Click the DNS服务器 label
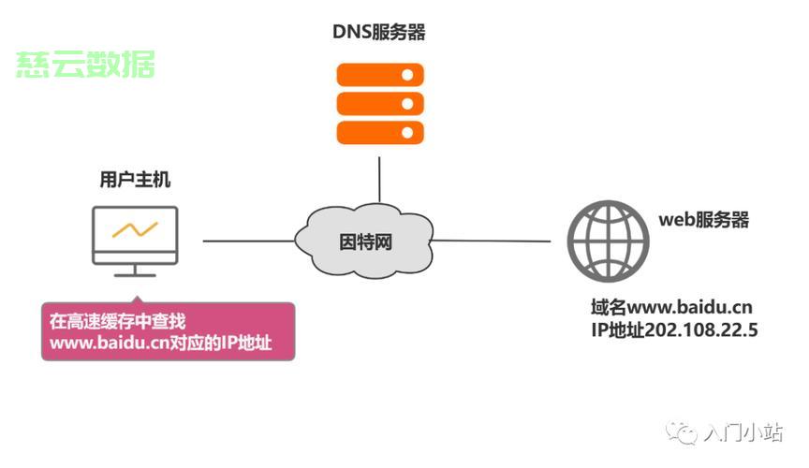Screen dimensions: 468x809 pyautogui.click(x=378, y=33)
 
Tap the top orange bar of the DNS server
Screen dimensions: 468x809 pyautogui.click(x=379, y=74)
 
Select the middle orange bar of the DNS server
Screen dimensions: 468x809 pyautogui.click(x=379, y=102)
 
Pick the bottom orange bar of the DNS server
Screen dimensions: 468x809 pyautogui.click(x=379, y=131)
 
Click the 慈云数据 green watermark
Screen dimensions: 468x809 pyautogui.click(x=85, y=65)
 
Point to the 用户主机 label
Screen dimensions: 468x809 pyautogui.click(x=136, y=178)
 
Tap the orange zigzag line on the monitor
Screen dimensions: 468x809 pyautogui.click(x=135, y=228)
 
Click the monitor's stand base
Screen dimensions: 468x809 pyautogui.click(x=135, y=273)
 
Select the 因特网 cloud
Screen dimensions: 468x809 pyautogui.click(x=364, y=241)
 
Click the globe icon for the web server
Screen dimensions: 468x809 pyautogui.click(x=608, y=241)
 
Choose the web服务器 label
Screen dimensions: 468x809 pyautogui.click(x=703, y=221)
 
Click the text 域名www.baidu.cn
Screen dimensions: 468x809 pyautogui.click(x=671, y=308)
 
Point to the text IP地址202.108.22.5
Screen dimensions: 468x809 pyautogui.click(x=673, y=330)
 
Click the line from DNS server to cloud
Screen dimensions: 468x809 pyautogui.click(x=379, y=178)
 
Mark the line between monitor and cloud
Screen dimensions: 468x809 pyautogui.click(x=248, y=241)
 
